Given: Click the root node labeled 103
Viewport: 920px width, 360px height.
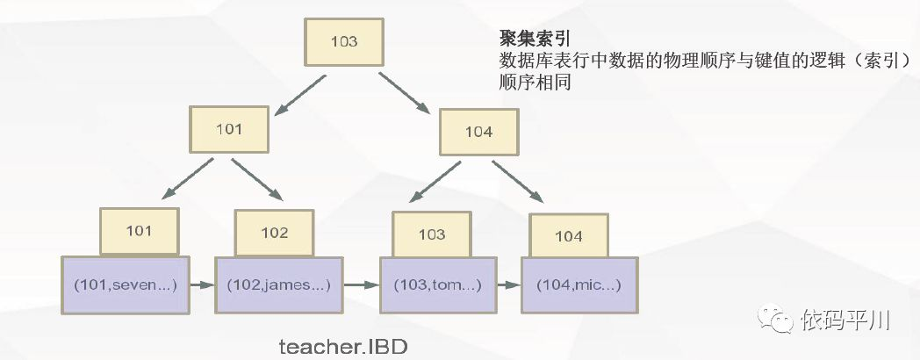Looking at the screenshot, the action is click(x=343, y=41).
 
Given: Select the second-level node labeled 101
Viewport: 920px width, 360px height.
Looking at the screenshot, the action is click(x=227, y=130).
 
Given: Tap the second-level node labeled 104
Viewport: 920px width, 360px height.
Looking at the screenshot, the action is click(x=478, y=132).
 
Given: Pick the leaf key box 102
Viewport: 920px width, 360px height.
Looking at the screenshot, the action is click(x=274, y=233).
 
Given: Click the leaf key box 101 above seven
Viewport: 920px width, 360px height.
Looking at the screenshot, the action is click(x=139, y=231).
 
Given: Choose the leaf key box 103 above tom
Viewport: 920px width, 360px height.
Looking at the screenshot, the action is click(x=431, y=234).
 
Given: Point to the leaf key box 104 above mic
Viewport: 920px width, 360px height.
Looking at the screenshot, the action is click(x=568, y=236).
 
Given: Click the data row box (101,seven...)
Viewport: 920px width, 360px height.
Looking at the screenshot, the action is click(x=126, y=284).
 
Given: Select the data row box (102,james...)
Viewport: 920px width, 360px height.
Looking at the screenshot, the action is click(x=279, y=284).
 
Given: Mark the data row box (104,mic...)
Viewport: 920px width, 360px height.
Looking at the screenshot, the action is click(x=579, y=285).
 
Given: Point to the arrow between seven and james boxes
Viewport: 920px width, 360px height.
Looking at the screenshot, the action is click(x=202, y=284).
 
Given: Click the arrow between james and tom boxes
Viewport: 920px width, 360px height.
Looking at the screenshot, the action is click(x=360, y=284).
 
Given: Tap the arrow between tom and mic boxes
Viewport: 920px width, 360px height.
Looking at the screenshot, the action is click(x=507, y=285).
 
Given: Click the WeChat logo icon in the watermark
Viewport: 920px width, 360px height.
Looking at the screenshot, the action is click(x=776, y=316).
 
